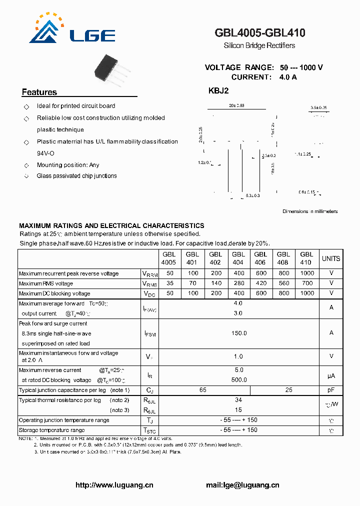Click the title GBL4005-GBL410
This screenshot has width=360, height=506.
[260, 33]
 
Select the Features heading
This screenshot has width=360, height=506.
[39, 92]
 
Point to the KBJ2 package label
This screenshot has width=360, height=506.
[218, 91]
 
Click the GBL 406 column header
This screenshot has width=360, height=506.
[260, 258]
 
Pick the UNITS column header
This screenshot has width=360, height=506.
[331, 258]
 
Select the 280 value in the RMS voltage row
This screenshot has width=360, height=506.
[238, 283]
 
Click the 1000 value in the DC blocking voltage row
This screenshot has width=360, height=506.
[307, 293]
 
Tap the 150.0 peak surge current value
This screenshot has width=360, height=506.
[238, 333]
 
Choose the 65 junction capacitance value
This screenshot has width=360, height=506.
[203, 390]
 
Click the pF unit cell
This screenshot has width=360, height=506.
[331, 390]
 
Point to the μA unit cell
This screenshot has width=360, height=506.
[331, 375]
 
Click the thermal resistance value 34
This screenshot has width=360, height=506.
[238, 400]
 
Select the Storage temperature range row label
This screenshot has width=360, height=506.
[52, 430]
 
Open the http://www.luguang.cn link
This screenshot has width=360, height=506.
[114, 485]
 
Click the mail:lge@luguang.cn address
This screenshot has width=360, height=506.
[242, 485]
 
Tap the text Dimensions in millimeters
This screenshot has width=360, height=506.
[310, 211]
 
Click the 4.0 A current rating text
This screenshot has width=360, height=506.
[288, 77]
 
